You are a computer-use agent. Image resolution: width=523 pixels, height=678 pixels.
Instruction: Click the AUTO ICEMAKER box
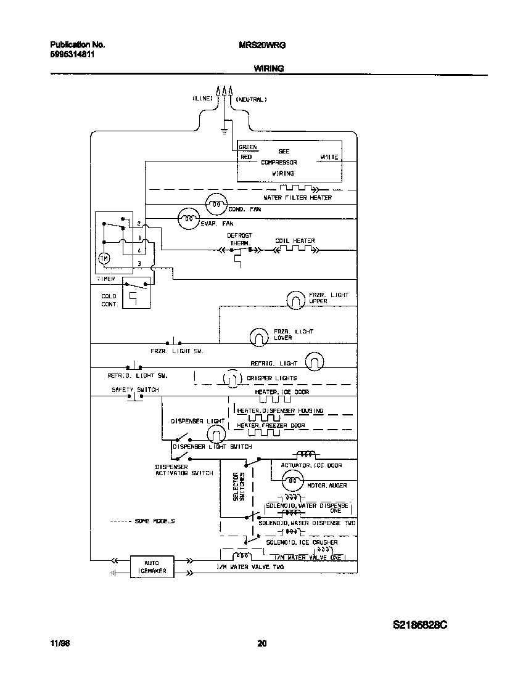pos(151,566)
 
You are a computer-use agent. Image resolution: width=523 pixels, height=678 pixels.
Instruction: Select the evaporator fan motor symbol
pos(187,217)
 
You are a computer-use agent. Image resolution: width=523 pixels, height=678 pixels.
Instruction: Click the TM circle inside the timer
pos(104,259)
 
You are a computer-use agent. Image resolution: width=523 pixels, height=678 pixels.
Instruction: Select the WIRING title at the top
pos(269,69)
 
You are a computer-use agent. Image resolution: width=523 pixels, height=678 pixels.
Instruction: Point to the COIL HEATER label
pos(295,241)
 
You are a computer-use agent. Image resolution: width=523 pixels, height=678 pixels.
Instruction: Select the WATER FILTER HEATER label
pos(297,198)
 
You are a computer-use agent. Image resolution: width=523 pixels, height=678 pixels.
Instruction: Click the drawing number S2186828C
pos(420,625)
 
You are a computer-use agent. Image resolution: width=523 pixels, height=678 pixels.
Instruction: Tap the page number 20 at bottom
pos(261,644)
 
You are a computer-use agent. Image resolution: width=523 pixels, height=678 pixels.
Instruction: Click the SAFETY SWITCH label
pos(135,390)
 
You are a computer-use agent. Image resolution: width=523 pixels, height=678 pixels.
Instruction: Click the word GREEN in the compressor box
pos(248,147)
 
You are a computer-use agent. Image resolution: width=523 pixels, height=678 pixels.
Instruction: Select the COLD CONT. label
pos(109,300)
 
